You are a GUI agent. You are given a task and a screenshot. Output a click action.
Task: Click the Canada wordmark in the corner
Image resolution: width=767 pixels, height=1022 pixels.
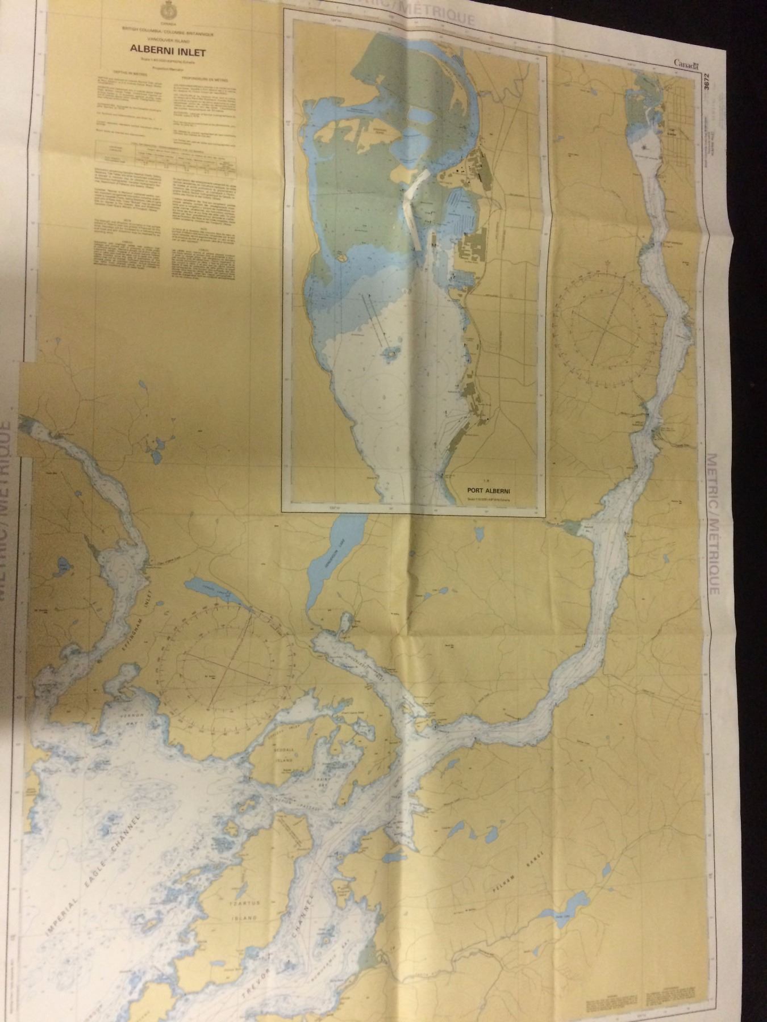686,64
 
